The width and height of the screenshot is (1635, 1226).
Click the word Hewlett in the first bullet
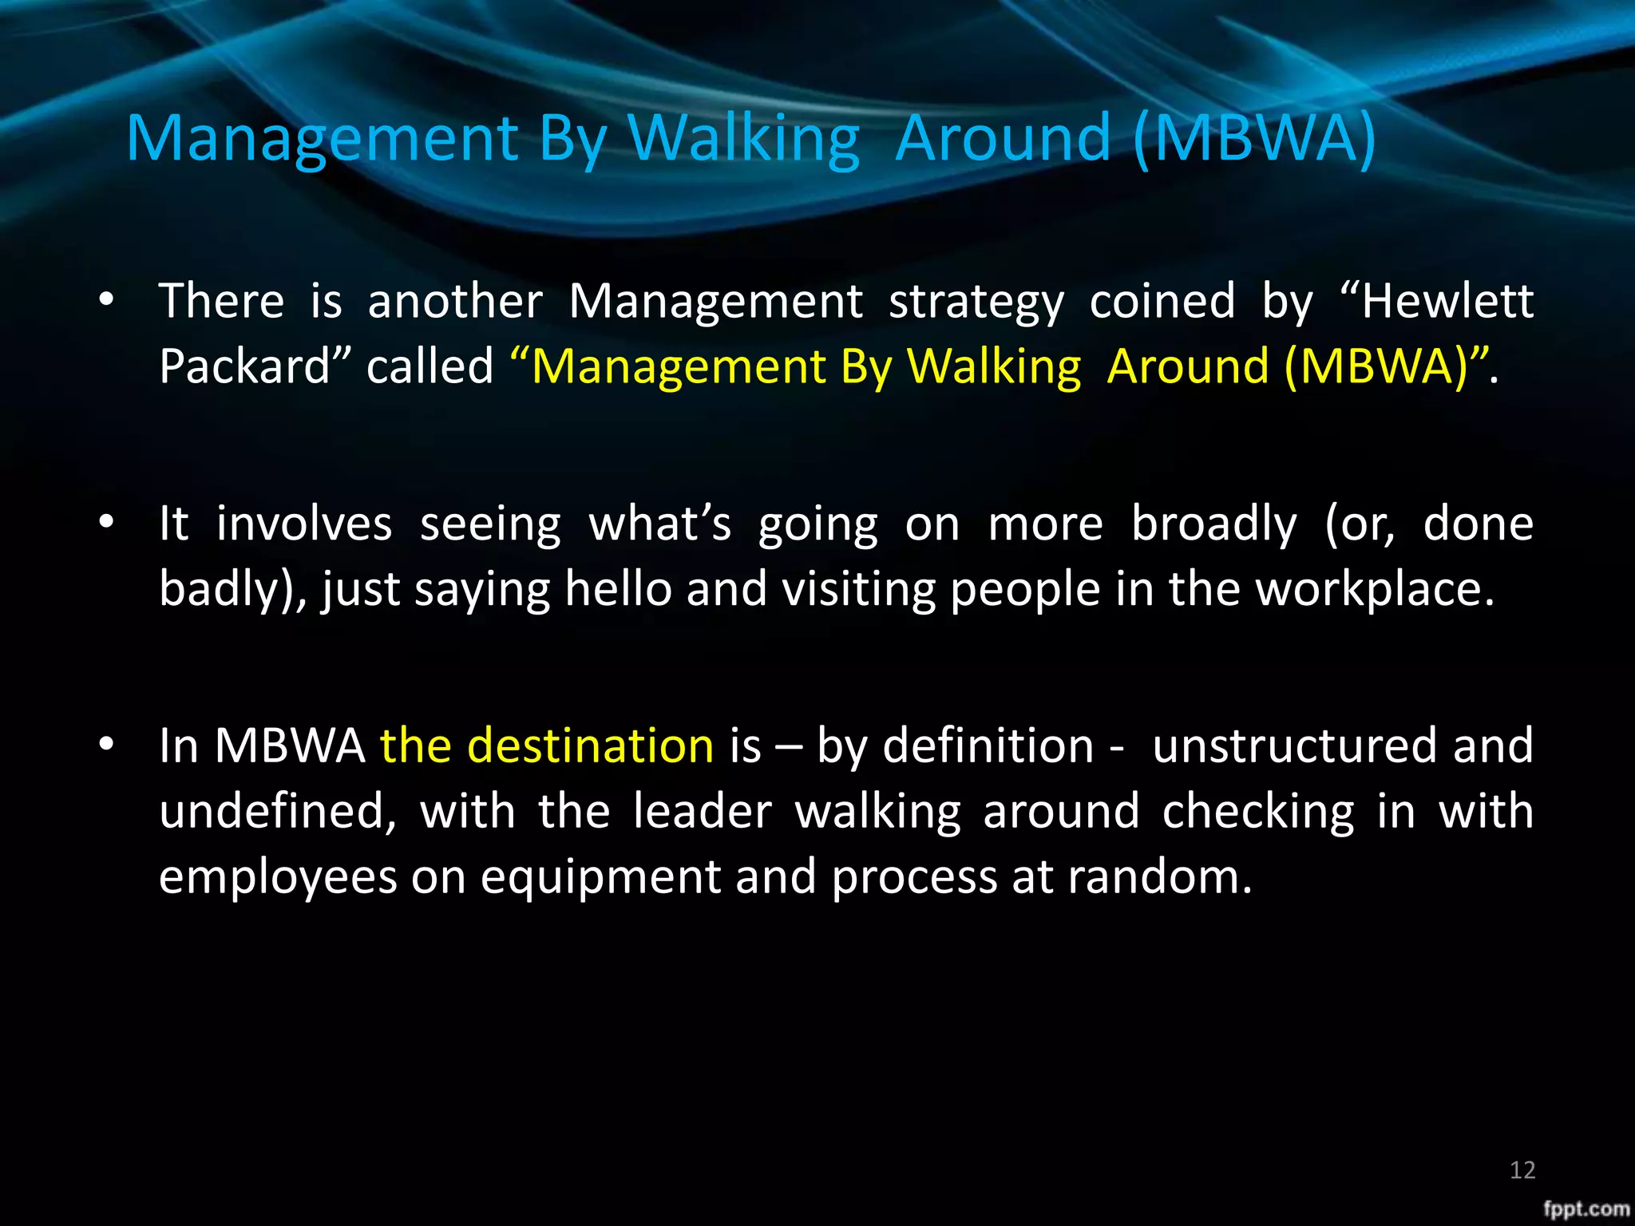coord(1447,302)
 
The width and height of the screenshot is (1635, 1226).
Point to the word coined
coord(1162,302)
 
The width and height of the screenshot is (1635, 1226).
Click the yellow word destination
coord(590,746)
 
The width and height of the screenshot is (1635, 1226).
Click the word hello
coord(618,590)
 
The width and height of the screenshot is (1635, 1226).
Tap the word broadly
coord(1214,526)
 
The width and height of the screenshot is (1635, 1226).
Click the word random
coord(1158,877)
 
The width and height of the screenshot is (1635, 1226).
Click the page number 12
coord(1522,1170)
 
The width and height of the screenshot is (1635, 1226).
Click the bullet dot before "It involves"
coord(106,522)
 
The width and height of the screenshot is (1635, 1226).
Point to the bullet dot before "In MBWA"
coord(106,744)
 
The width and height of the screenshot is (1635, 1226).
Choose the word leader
coord(703,812)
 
